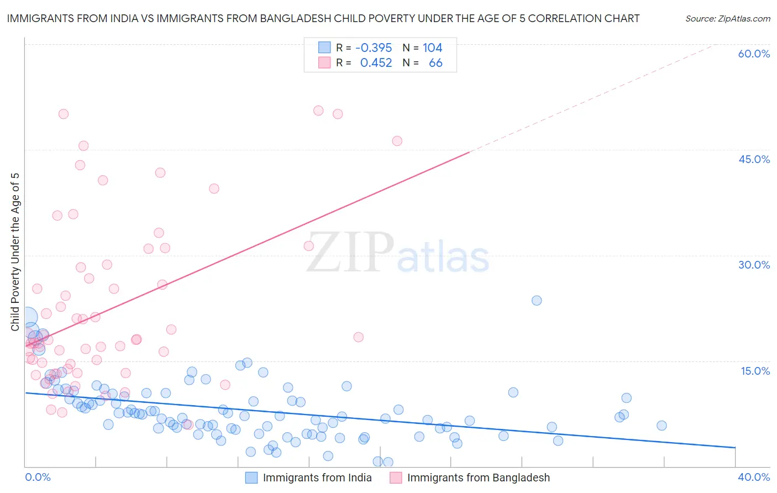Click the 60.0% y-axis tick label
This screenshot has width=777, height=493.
coord(754,54)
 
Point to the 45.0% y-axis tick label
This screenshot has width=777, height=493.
coord(754,159)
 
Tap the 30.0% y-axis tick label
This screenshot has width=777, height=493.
coord(754,265)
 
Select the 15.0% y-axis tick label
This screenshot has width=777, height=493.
coord(755,371)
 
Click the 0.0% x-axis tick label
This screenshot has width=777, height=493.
coord(38,477)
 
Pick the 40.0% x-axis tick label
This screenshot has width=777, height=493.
coord(753,477)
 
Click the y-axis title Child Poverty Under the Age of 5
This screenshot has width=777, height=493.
coord(15,252)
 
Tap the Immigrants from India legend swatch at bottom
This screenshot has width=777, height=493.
coord(251,478)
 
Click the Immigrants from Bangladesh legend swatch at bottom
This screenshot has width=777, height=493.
coord(396,478)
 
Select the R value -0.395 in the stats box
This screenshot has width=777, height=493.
coord(374,48)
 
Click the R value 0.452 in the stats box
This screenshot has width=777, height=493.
coord(376,63)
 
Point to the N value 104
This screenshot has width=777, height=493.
coord(432,48)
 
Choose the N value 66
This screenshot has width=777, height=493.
coord(435,63)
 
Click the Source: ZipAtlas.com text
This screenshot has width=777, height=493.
coord(727,18)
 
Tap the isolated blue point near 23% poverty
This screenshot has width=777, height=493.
coord(537,301)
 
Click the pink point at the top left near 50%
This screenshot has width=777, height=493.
coord(64,114)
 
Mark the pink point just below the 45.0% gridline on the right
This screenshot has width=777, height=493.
coord(397,141)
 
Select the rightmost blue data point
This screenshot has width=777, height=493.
coord(662,426)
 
